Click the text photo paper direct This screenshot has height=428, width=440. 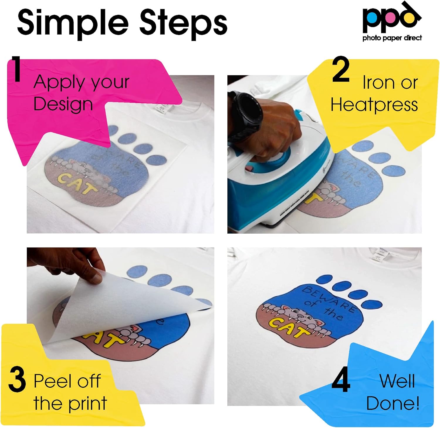coord(392,38)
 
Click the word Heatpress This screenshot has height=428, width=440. coord(374,105)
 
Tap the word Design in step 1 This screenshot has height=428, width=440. coord(63,104)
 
